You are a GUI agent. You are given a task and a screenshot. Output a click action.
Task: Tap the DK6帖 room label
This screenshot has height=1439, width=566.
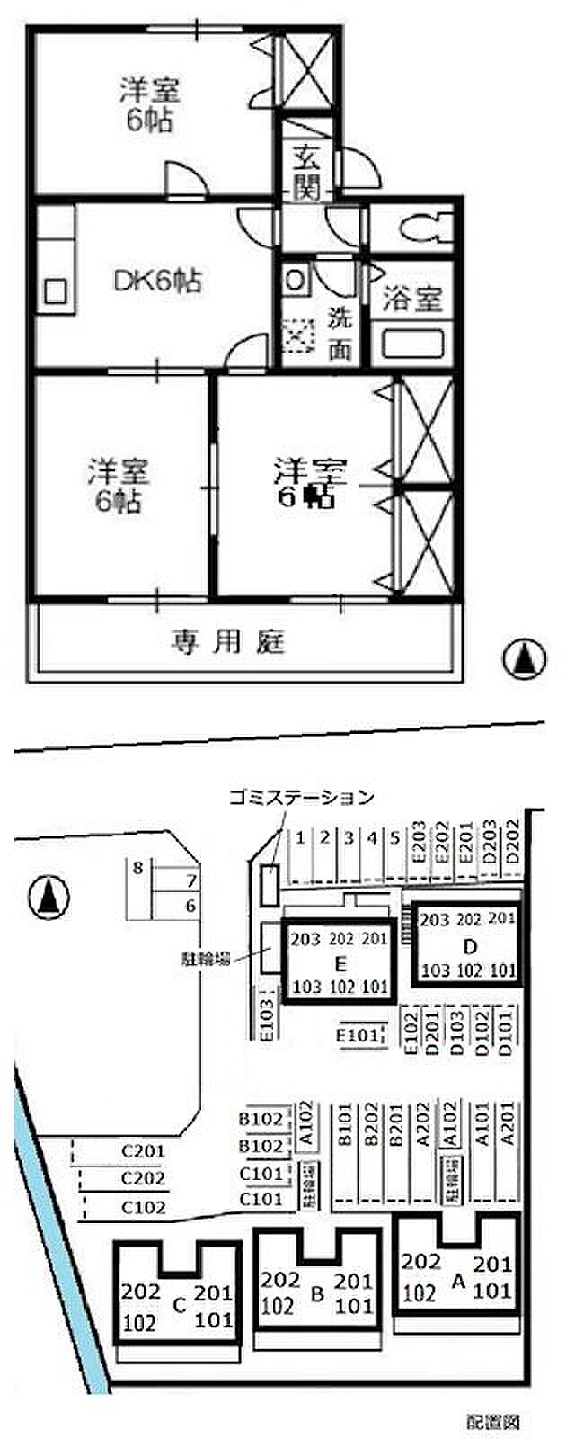157,281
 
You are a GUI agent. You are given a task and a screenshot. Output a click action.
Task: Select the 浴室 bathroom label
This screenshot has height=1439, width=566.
413,299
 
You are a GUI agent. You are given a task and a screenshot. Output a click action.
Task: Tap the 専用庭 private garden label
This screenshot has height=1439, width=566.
228,642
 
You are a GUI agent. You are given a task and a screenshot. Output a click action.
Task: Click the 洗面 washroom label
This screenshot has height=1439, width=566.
340,333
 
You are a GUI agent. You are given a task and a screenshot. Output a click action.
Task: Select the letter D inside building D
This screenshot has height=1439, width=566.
468,947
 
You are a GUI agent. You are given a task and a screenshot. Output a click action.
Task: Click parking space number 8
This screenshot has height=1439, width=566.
137,868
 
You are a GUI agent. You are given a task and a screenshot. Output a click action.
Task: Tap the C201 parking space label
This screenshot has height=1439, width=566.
144,1150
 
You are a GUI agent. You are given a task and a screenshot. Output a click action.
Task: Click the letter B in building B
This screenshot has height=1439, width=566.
315,1294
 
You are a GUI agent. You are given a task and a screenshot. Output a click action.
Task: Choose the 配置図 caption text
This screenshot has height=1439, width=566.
493,1422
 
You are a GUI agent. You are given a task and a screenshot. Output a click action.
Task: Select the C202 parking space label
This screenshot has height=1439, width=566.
144,1178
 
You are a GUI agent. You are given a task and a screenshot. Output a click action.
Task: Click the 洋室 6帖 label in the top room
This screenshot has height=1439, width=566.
149,106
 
